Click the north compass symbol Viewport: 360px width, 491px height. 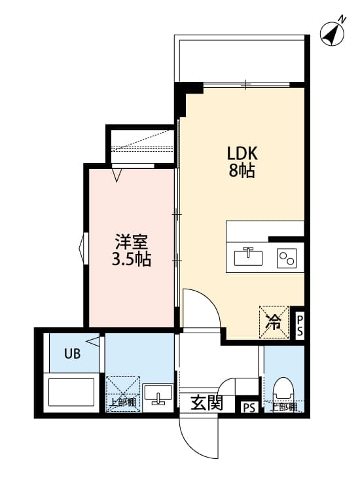click(x=334, y=33)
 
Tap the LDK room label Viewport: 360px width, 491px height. click(x=243, y=154)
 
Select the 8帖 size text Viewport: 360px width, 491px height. click(x=243, y=172)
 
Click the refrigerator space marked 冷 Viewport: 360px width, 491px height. click(x=274, y=321)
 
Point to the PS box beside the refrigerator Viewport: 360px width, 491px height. click(x=298, y=325)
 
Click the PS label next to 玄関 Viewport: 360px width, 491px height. click(x=249, y=407)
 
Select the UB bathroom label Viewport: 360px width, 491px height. click(x=72, y=355)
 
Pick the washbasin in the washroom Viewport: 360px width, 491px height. click(x=158, y=397)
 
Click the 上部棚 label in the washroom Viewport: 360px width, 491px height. click(x=122, y=403)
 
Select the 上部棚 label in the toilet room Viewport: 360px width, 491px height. click(x=284, y=407)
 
